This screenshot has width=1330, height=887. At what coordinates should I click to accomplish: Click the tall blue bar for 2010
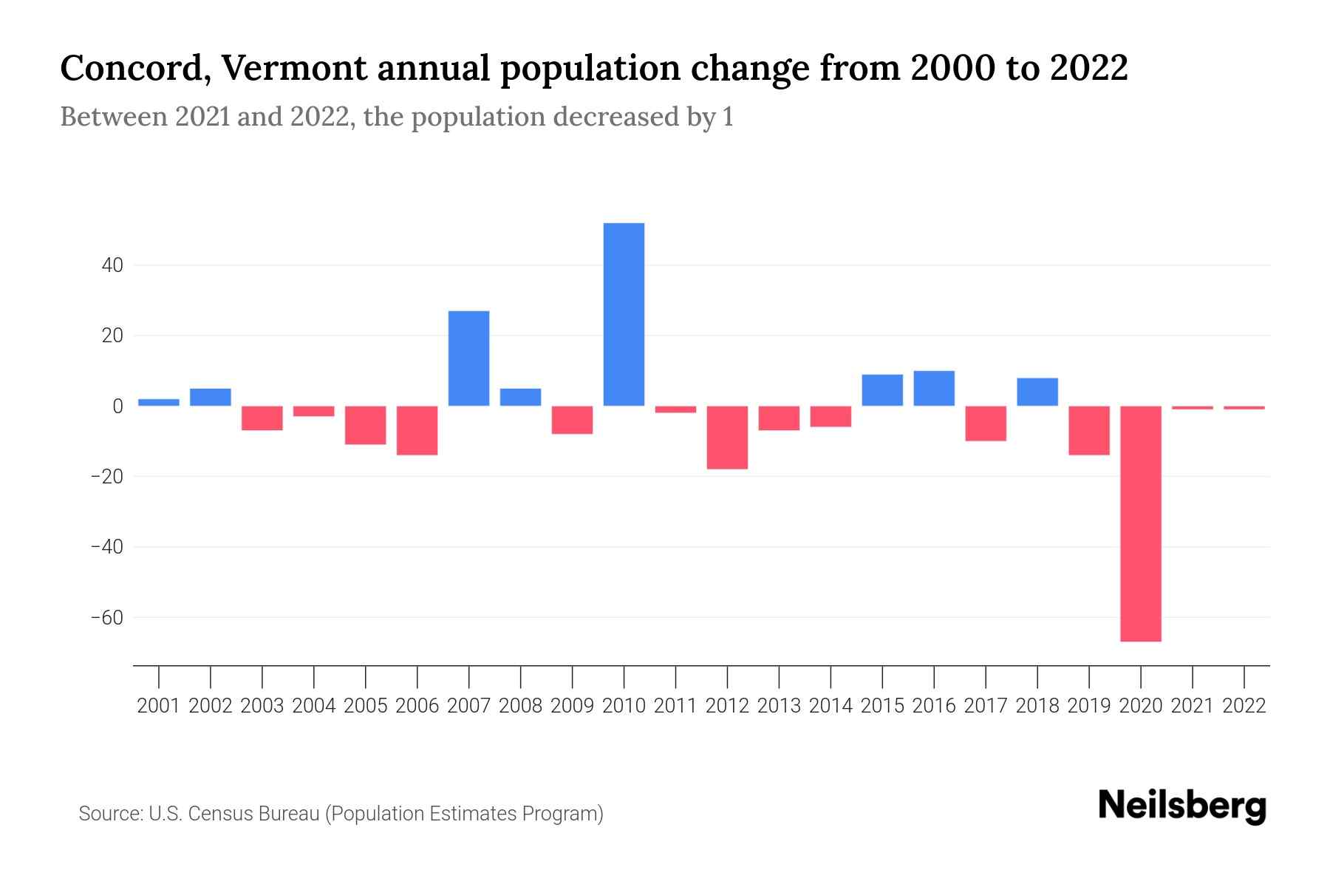coord(624,314)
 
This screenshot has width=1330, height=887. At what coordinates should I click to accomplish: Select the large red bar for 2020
coord(1140,523)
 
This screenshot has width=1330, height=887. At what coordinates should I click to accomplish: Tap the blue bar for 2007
coord(468,358)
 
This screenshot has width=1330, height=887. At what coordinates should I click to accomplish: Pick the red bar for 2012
coord(727,437)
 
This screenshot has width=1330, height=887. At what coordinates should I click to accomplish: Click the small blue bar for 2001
coord(159,402)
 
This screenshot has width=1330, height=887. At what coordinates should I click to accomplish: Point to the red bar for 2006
coord(417,430)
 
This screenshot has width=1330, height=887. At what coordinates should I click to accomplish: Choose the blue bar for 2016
coord(934,388)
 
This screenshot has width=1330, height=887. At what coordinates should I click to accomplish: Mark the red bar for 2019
coord(1088,430)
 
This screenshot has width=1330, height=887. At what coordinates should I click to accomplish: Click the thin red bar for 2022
coord(1244,407)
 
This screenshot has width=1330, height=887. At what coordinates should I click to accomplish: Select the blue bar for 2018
coord(1037,392)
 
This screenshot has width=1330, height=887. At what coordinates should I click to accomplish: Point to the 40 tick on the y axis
coord(112,265)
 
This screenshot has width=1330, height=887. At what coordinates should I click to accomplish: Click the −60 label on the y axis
coord(107,617)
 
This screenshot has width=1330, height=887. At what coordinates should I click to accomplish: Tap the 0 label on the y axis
coord(117,406)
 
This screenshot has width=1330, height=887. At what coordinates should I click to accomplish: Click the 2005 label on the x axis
coord(366,706)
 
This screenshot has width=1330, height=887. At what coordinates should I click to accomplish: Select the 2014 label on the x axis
coord(831,706)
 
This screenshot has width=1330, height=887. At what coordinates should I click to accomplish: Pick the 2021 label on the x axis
coord(1192,706)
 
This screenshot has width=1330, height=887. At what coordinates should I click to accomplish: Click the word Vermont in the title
coord(294,69)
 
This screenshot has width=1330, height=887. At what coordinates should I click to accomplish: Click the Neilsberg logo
coord(1182,806)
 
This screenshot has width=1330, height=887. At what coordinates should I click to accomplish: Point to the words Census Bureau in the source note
coord(254,814)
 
